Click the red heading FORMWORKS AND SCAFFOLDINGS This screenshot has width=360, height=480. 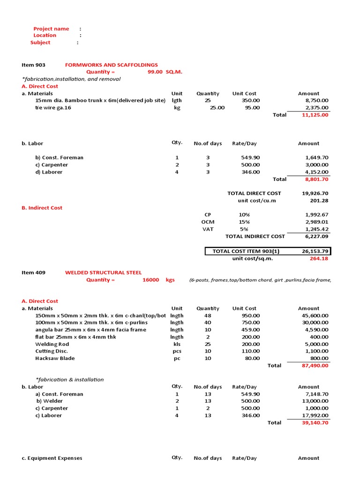point(111,65)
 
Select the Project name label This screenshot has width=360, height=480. point(51,29)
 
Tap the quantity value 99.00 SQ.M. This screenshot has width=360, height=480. point(165,72)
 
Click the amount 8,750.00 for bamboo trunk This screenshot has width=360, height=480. point(317,100)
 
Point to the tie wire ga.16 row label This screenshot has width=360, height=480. point(53,108)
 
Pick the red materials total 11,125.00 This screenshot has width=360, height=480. point(315,115)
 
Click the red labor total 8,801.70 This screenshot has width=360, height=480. point(316,179)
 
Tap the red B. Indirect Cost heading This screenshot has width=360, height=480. point(42,208)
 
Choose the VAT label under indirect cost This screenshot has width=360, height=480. point(208,229)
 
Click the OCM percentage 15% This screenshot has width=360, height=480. point(244,222)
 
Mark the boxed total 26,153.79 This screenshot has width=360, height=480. point(315,251)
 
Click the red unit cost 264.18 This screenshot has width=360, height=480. point(319,258)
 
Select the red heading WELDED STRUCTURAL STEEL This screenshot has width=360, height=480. point(103,272)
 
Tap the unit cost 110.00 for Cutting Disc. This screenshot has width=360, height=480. point(250,351)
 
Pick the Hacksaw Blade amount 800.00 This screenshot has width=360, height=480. point(319,358)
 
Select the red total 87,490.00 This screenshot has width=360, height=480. point(315,366)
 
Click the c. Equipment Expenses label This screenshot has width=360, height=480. point(52,458)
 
